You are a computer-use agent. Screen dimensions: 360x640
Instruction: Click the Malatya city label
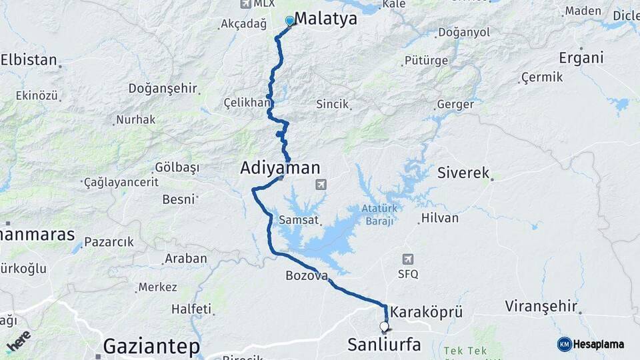click(325, 19)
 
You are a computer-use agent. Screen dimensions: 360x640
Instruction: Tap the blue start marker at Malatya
click(289, 21)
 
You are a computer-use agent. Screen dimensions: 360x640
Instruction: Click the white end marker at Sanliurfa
click(384, 327)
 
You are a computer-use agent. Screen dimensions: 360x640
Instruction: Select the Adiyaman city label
click(280, 169)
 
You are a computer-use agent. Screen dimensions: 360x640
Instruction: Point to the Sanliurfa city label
click(384, 345)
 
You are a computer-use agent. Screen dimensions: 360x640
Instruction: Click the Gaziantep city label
click(151, 347)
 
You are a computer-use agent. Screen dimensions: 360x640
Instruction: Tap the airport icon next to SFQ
click(407, 259)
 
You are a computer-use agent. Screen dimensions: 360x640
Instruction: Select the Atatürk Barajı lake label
click(379, 213)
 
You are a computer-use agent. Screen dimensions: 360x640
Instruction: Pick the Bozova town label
click(307, 275)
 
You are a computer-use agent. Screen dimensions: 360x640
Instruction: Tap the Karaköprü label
click(426, 312)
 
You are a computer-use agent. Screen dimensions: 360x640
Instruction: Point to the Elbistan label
click(29, 60)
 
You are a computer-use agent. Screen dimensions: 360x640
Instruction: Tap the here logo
click(19, 341)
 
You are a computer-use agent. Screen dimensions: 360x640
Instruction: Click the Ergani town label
click(581, 58)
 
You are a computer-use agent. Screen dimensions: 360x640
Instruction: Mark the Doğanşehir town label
click(162, 89)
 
